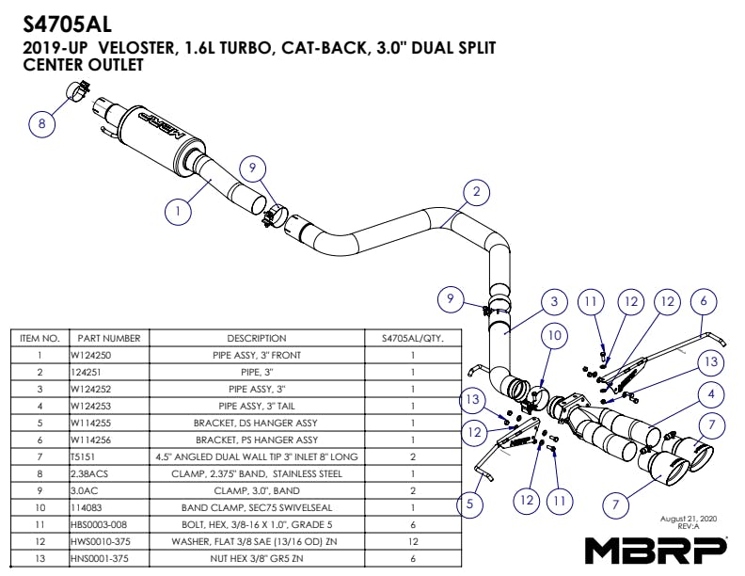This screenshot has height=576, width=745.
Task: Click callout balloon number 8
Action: [x=41, y=121]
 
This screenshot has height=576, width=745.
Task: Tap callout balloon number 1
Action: [x=178, y=212]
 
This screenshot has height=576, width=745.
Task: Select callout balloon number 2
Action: [x=477, y=192]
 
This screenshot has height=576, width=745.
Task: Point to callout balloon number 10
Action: [x=555, y=334]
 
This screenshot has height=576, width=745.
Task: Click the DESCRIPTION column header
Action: [x=256, y=338]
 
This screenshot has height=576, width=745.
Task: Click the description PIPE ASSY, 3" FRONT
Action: [x=256, y=356]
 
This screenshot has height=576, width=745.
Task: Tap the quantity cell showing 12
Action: [x=413, y=541]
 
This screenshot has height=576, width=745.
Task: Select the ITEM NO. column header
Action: [x=40, y=338]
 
